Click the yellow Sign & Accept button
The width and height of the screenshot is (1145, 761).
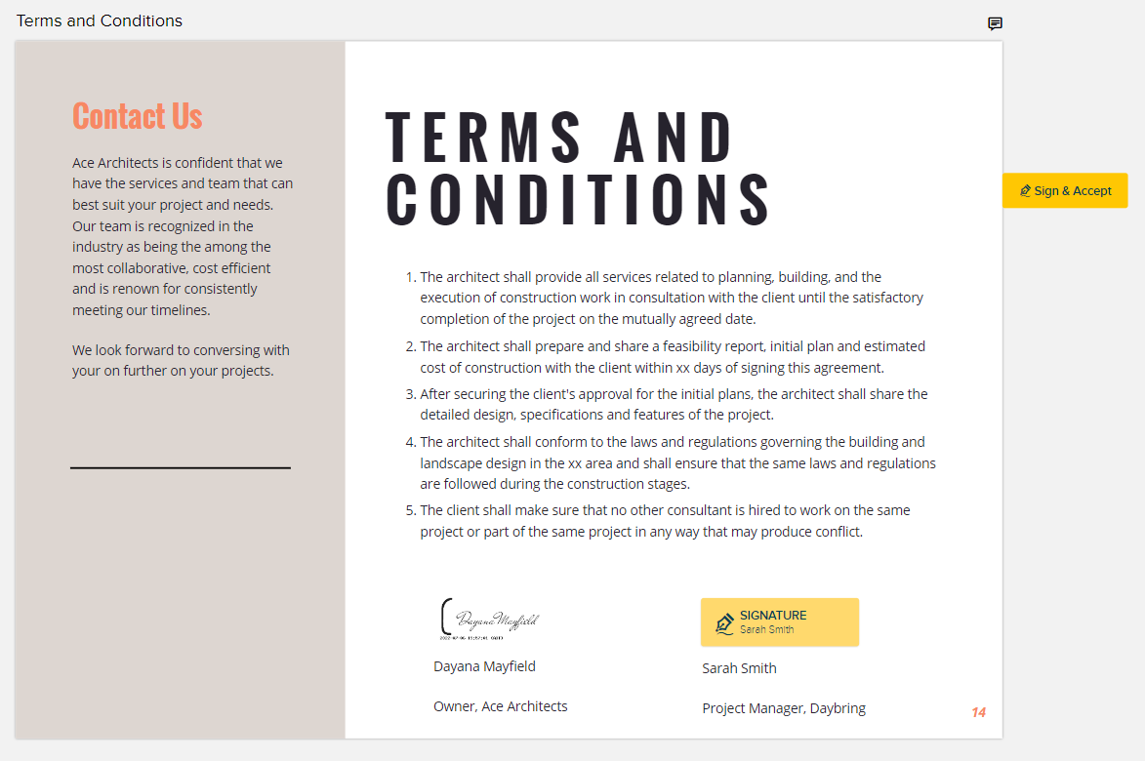pyautogui.click(x=1065, y=190)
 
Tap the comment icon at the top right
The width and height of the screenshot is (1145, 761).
pyautogui.click(x=995, y=23)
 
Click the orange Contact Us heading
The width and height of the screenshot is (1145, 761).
pyautogui.click(x=137, y=116)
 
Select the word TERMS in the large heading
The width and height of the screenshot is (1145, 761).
pyautogui.click(x=484, y=137)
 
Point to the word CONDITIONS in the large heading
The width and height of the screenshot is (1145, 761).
pyautogui.click(x=580, y=200)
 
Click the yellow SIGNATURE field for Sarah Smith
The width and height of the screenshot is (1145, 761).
pyautogui.click(x=779, y=621)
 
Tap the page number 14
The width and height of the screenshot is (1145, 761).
pyautogui.click(x=978, y=712)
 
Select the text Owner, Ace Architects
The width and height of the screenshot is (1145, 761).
pyautogui.click(x=500, y=706)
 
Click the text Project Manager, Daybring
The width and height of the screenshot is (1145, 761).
pyautogui.click(x=783, y=708)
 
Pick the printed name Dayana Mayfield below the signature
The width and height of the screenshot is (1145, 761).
pyautogui.click(x=484, y=666)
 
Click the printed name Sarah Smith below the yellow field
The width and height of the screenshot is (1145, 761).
pyautogui.click(x=739, y=668)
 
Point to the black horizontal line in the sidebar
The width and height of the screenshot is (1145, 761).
pyautogui.click(x=181, y=468)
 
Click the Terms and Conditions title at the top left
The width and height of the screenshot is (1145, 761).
pyautogui.click(x=100, y=20)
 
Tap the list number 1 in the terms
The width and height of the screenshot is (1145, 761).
pyautogui.click(x=409, y=277)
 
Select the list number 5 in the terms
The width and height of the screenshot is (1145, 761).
pyautogui.click(x=409, y=510)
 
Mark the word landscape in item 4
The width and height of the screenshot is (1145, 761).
pyautogui.click(x=450, y=462)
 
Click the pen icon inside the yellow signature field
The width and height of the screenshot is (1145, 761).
pyautogui.click(x=724, y=622)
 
